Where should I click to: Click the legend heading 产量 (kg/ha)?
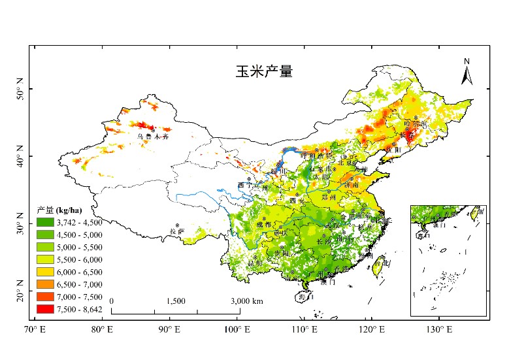click(59, 210)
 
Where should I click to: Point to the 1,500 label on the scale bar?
click(176, 301)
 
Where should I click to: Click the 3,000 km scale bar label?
click(247, 301)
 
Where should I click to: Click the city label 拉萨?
click(176, 231)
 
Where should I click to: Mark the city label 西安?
click(299, 201)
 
